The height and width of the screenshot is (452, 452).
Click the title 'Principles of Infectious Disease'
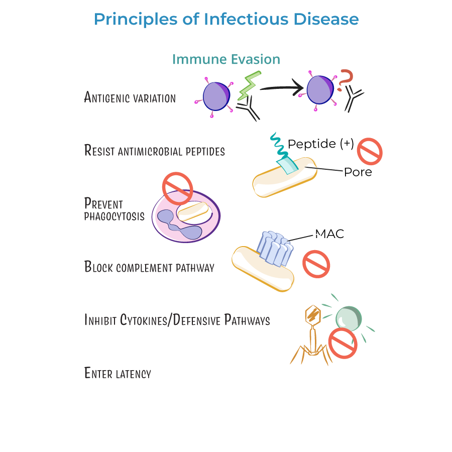(226, 20)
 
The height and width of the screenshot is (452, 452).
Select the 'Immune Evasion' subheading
(226, 59)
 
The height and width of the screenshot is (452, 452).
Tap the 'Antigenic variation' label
(130, 97)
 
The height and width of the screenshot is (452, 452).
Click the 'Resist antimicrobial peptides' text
(154, 150)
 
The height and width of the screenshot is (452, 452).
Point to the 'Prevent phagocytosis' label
(114, 210)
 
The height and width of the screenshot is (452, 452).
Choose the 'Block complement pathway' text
(149, 267)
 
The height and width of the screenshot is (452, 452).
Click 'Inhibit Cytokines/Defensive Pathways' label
(177, 320)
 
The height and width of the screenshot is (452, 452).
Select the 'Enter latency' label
(118, 373)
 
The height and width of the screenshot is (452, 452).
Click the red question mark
(345, 80)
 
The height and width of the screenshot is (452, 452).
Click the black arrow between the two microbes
(282, 89)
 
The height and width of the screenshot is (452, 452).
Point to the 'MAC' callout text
(329, 234)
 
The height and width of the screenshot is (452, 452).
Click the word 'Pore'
(358, 172)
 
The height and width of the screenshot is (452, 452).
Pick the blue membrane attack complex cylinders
(275, 248)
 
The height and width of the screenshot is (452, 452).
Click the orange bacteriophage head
(313, 315)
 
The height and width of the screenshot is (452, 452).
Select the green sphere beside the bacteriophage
(349, 318)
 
